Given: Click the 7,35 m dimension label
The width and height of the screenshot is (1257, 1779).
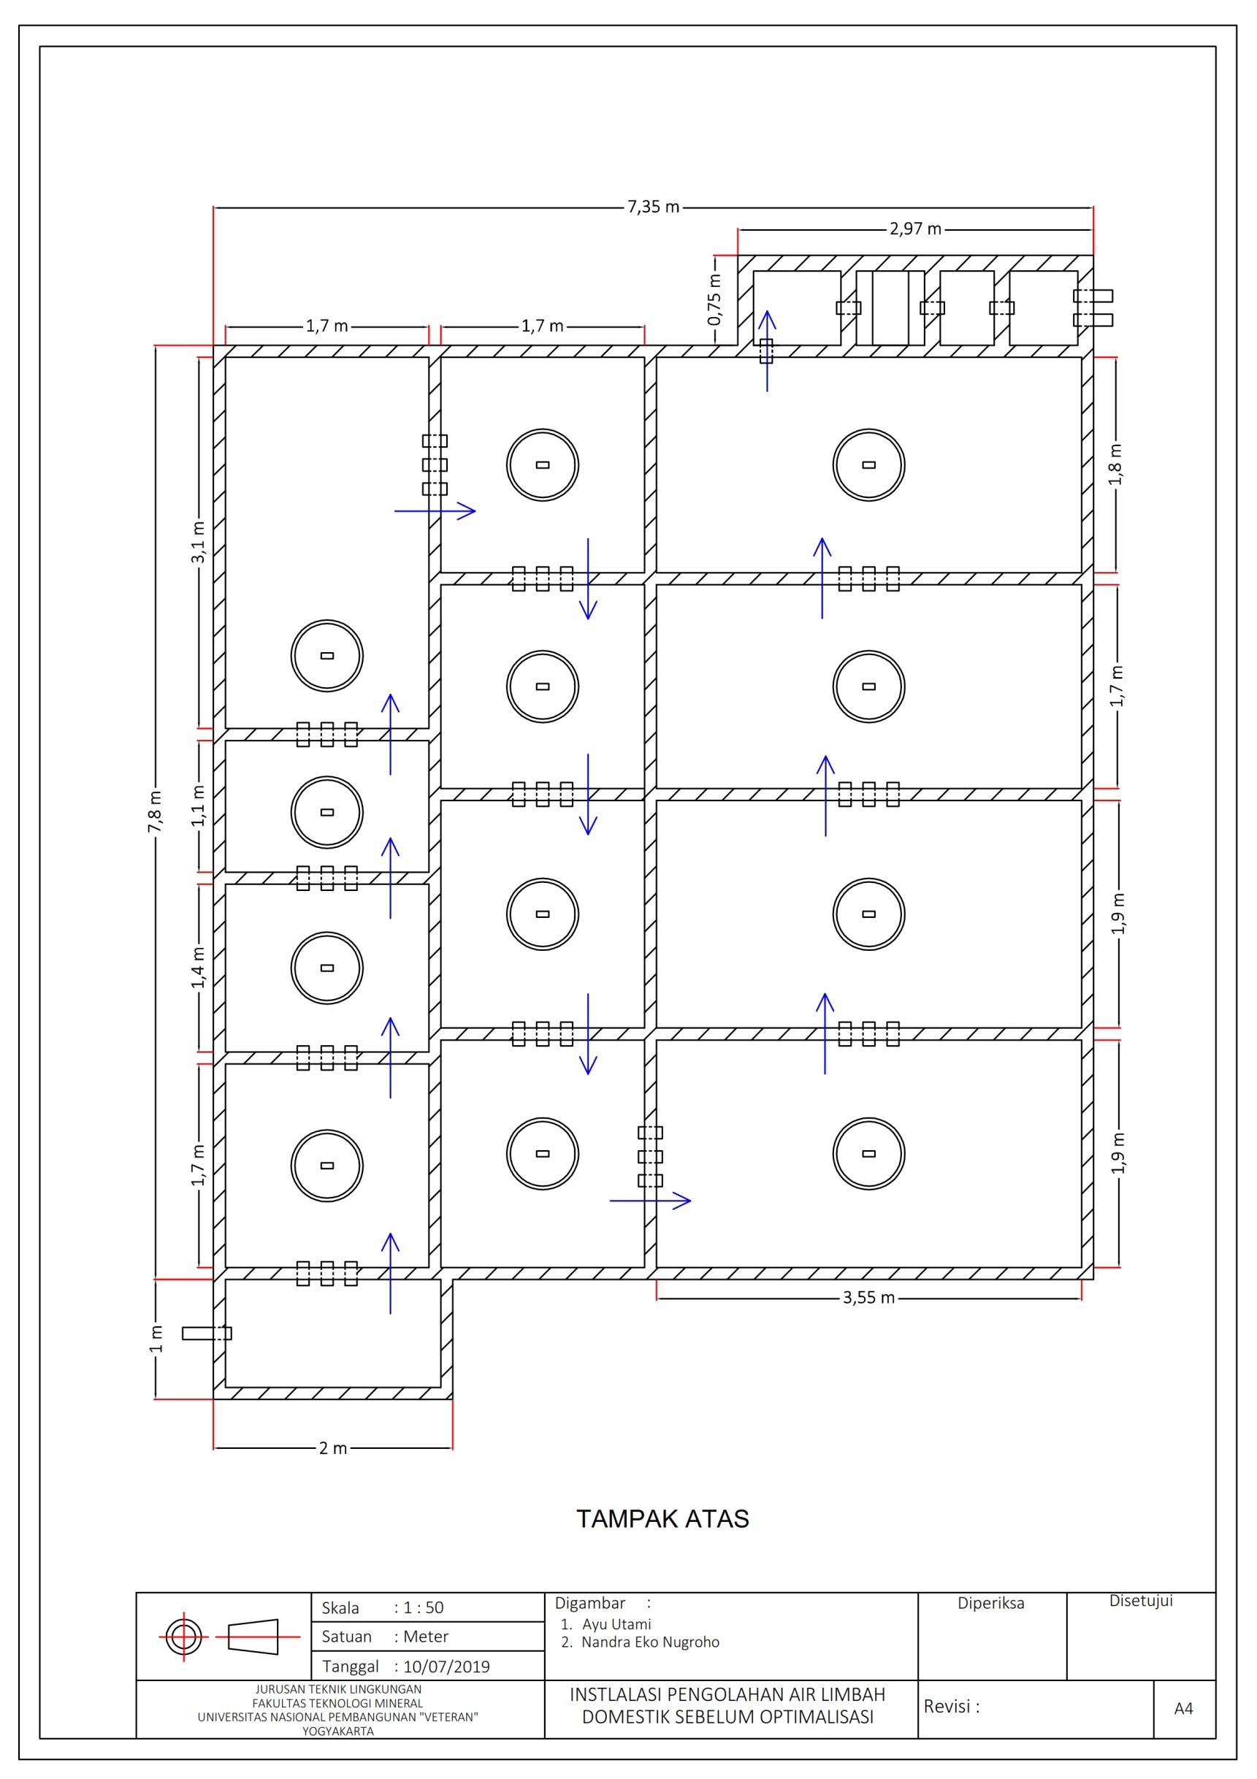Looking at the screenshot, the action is (x=653, y=207).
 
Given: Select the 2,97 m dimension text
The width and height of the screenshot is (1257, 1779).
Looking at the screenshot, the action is (x=915, y=229).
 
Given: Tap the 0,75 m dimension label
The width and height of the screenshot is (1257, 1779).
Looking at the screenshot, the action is (x=714, y=300).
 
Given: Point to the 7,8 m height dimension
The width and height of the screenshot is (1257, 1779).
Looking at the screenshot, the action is (x=155, y=811).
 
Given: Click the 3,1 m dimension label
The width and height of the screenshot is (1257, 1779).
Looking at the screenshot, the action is (x=199, y=543).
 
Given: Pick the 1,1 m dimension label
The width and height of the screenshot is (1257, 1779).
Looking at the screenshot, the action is (x=199, y=806).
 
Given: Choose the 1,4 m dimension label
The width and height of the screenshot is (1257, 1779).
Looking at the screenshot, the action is (x=199, y=967).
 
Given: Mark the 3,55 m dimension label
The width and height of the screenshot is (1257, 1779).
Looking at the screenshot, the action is (x=868, y=1297).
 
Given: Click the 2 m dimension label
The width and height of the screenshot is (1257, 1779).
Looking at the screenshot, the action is (x=333, y=1447).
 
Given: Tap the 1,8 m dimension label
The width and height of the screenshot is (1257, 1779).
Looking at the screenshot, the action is (x=1115, y=464).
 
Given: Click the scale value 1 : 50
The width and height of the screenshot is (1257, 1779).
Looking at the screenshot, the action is (x=424, y=1608).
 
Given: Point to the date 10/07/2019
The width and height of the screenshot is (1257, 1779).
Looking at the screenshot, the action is (x=446, y=1667).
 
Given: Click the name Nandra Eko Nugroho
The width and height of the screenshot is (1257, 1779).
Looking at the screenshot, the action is (x=650, y=1642).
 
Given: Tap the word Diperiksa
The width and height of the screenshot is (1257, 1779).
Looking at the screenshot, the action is (x=990, y=1603).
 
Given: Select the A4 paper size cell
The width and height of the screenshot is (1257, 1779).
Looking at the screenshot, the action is (x=1183, y=1708).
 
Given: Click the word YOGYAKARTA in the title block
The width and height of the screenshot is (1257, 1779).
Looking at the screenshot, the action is (x=338, y=1731).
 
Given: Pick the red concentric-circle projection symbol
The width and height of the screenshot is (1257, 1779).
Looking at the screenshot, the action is (x=183, y=1637).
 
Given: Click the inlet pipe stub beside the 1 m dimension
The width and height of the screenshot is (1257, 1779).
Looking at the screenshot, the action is (x=207, y=1334).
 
